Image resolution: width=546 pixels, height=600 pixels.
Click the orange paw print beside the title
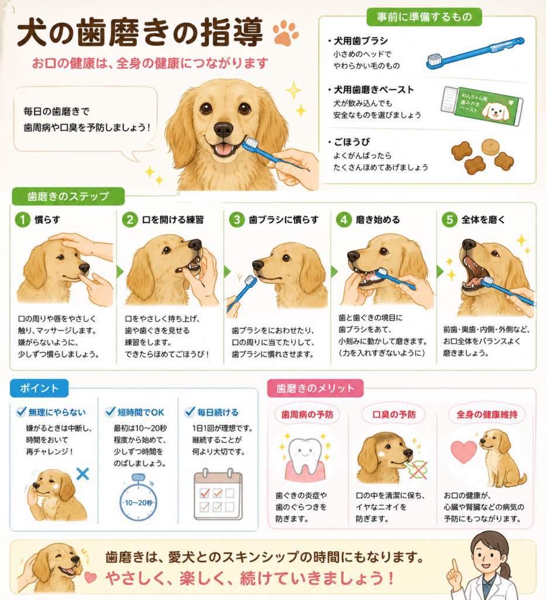tap(286, 33)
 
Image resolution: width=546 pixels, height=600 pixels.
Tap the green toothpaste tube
tap(482, 105)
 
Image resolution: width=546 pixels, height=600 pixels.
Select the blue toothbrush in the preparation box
tap(475, 53)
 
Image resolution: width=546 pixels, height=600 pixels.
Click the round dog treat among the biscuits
tap(490, 146)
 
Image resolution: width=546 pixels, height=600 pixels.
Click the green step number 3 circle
tap(237, 220)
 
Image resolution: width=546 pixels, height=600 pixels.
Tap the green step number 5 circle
tap(449, 220)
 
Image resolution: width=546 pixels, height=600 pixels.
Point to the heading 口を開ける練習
tap(173, 220)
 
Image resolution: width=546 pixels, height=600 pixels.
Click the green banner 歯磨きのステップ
tap(68, 196)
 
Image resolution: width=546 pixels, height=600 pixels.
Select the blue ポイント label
tap(39, 388)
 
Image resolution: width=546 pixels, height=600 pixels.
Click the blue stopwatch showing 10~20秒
tap(138, 497)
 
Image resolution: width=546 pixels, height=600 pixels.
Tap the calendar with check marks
tap(218, 494)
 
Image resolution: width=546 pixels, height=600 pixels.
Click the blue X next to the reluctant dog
tap(83, 473)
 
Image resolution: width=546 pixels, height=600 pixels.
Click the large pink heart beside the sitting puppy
tap(464, 452)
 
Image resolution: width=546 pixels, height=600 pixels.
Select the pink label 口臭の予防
tap(394, 414)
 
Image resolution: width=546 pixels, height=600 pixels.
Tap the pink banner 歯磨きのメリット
tap(315, 388)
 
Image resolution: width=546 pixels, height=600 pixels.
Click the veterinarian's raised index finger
tap(455, 568)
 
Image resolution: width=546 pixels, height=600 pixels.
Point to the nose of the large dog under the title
tap(223, 129)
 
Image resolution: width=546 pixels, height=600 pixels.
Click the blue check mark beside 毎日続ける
tap(190, 412)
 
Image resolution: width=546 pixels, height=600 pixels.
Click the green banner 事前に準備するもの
tap(424, 17)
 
